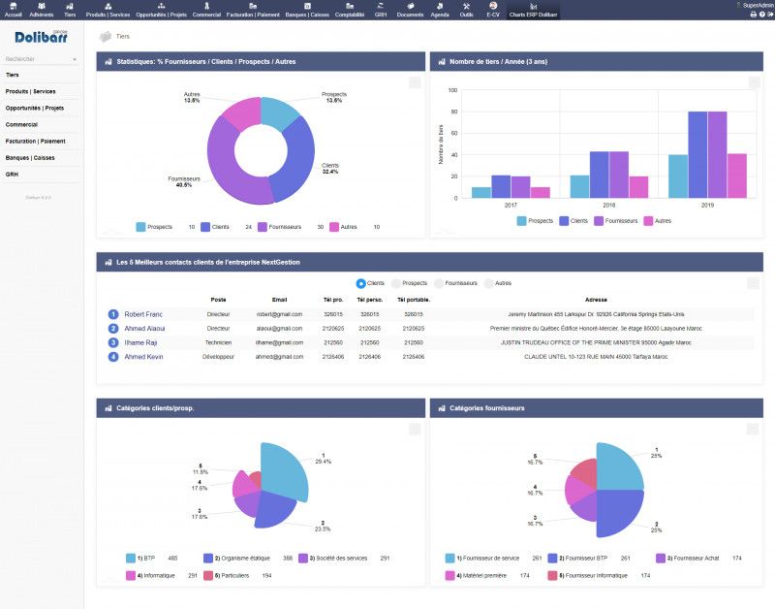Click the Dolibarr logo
click(x=42, y=38)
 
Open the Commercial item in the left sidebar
click(x=21, y=124)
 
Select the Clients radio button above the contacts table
click(x=361, y=283)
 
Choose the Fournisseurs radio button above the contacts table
click(x=439, y=283)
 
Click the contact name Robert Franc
click(x=143, y=314)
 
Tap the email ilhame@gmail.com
click(x=279, y=342)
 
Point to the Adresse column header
click(x=597, y=300)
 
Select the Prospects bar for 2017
click(x=480, y=192)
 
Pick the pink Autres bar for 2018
click(x=638, y=187)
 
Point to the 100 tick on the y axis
click(x=452, y=89)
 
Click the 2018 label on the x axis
click(x=608, y=206)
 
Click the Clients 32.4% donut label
click(x=330, y=169)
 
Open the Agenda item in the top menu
click(x=440, y=10)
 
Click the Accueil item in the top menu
click(x=13, y=10)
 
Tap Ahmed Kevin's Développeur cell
click(x=219, y=357)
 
